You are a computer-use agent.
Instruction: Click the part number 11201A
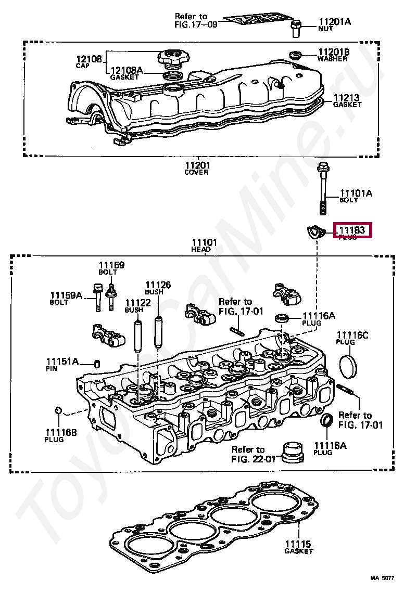coord(334,22)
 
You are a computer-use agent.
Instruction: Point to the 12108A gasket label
coord(125,70)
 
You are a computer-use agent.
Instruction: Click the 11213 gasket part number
coord(346,97)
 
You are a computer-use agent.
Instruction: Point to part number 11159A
coord(66,295)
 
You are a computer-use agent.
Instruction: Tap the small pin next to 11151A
coord(96,363)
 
